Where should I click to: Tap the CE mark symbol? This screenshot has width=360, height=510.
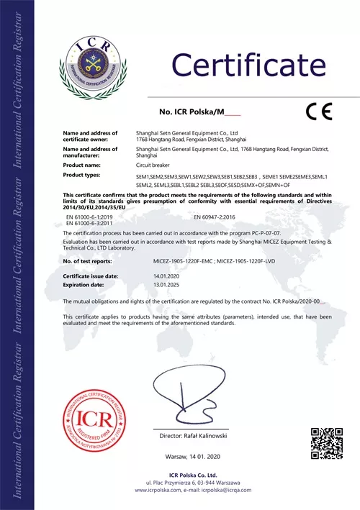pyautogui.click(x=318, y=111)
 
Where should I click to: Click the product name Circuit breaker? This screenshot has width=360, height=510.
pyautogui.click(x=153, y=165)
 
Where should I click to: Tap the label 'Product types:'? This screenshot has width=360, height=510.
pyautogui.click(x=81, y=175)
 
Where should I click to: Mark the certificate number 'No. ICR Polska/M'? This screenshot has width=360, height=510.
pyautogui.click(x=188, y=112)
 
